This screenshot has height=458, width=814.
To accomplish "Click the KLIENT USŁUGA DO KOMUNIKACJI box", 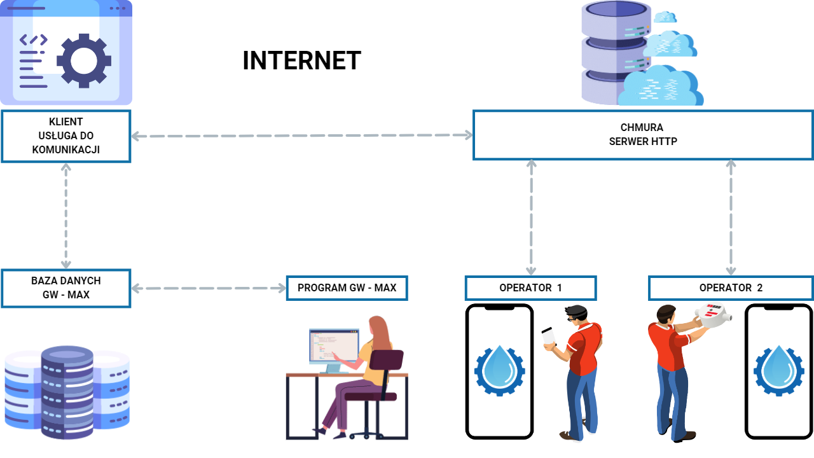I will (66, 136).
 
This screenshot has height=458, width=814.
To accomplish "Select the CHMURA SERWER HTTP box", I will (643, 135).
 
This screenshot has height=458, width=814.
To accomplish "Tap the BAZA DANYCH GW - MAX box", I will (66, 288).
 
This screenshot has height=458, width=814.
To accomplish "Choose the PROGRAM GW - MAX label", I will (347, 288).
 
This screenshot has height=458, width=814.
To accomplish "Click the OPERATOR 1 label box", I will (531, 288).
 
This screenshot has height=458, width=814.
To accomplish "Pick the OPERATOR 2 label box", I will (731, 288).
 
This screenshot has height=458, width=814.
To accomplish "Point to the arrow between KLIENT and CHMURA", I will (301, 135).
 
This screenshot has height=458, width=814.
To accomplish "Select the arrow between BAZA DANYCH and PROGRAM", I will (209, 288).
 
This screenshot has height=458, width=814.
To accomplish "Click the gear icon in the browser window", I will (84, 60).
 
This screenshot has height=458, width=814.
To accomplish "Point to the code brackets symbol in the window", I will (32, 40).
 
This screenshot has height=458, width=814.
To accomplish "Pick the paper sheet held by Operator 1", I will (549, 338).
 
